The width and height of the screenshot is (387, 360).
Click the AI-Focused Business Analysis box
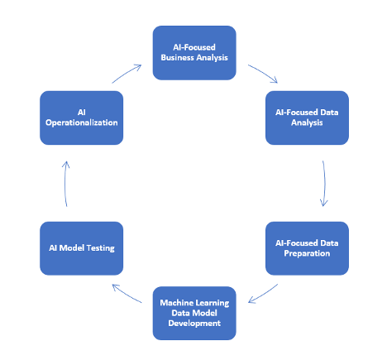point(194,52)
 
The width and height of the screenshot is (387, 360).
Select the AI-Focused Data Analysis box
point(306,116)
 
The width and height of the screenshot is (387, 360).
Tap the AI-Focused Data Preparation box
point(306,247)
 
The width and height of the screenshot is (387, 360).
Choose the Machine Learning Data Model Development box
point(194,313)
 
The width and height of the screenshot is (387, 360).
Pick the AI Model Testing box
point(82,247)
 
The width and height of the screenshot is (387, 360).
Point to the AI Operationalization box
point(82,116)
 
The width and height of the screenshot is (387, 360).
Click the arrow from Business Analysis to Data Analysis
point(262,72)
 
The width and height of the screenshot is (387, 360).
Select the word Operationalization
point(82,122)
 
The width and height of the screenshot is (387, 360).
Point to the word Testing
point(103,247)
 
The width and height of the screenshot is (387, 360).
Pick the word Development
point(194,324)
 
